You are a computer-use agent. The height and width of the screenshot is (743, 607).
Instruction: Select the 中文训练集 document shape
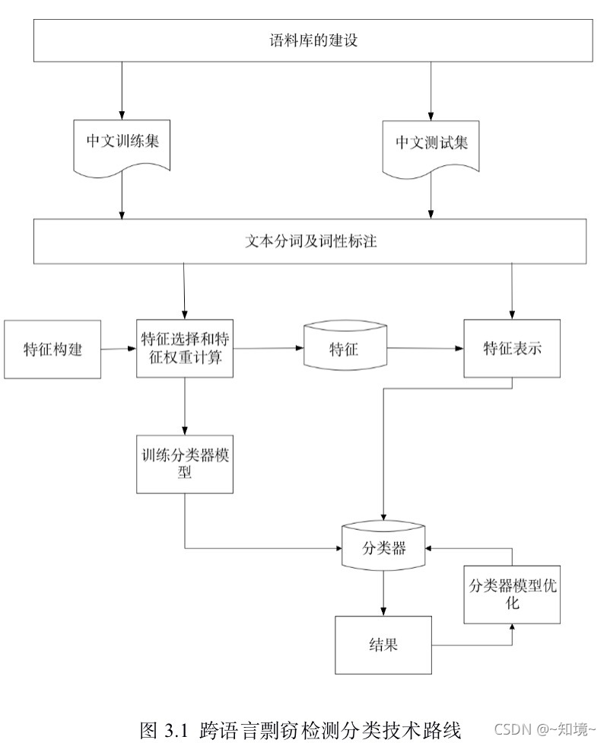pos(122,144)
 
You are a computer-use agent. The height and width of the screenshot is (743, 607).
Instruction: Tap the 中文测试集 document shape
pos(431,144)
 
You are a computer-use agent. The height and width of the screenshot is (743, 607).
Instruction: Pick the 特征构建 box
pos(52,349)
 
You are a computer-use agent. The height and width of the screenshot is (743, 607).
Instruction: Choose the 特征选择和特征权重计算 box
pos(183,348)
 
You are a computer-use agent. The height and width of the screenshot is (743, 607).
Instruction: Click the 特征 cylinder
pos(345,349)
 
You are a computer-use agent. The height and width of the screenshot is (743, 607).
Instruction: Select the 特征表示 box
pos(512,349)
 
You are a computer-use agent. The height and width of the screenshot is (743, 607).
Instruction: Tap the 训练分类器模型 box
pos(184,464)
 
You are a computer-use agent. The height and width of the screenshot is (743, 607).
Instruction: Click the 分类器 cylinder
pos(383,546)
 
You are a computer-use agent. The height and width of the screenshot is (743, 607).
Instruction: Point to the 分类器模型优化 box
pos(511,594)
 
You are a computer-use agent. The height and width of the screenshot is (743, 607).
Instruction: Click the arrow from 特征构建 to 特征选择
pos(119,349)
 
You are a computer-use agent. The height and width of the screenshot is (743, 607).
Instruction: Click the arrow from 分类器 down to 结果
pos(383,594)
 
